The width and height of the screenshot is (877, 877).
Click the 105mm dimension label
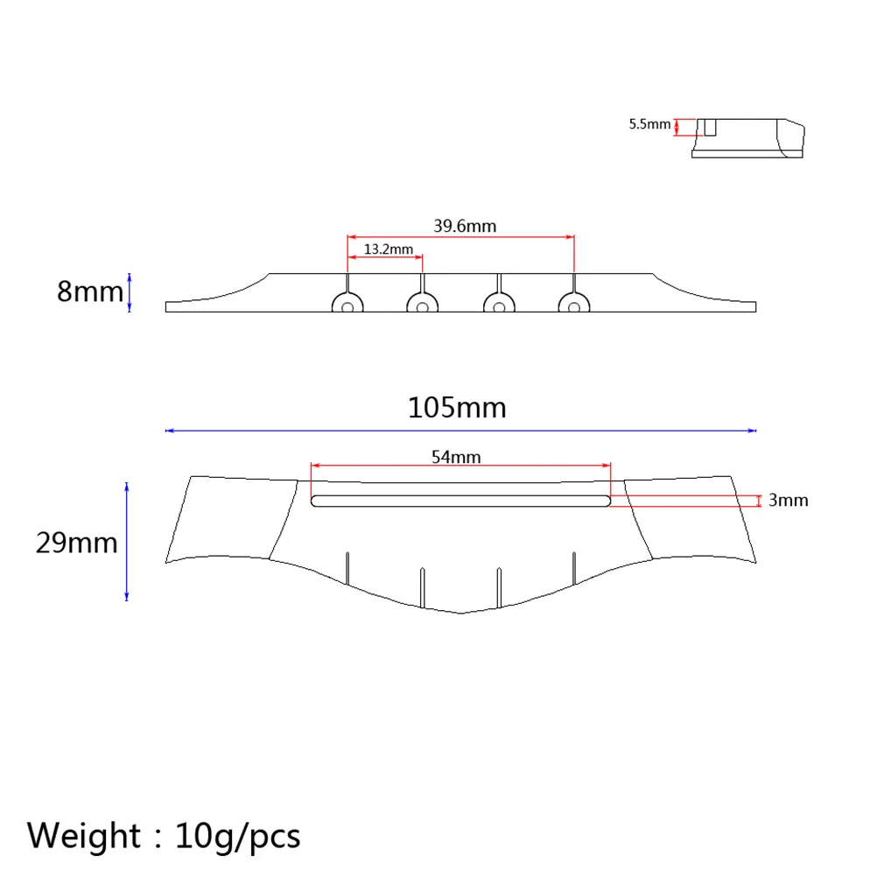point(457,408)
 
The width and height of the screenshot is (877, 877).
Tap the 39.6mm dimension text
point(465,226)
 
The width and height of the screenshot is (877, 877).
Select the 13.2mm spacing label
point(388,249)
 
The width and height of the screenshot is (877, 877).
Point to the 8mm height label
point(90,291)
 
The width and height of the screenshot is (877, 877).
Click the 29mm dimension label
point(76,543)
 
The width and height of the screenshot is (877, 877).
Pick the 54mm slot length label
point(456,456)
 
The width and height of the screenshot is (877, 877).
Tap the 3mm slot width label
point(788,501)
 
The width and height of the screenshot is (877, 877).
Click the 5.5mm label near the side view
point(649,124)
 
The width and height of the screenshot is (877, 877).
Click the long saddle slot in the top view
point(460,501)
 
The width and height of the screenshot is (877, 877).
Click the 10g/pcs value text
point(237,835)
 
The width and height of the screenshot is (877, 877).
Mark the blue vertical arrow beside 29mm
point(127,541)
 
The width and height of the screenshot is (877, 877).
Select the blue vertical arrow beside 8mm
point(130,291)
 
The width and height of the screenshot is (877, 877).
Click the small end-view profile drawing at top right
point(748,138)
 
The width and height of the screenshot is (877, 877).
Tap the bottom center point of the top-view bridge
point(461,613)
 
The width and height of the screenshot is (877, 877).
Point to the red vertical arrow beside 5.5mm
point(677,127)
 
